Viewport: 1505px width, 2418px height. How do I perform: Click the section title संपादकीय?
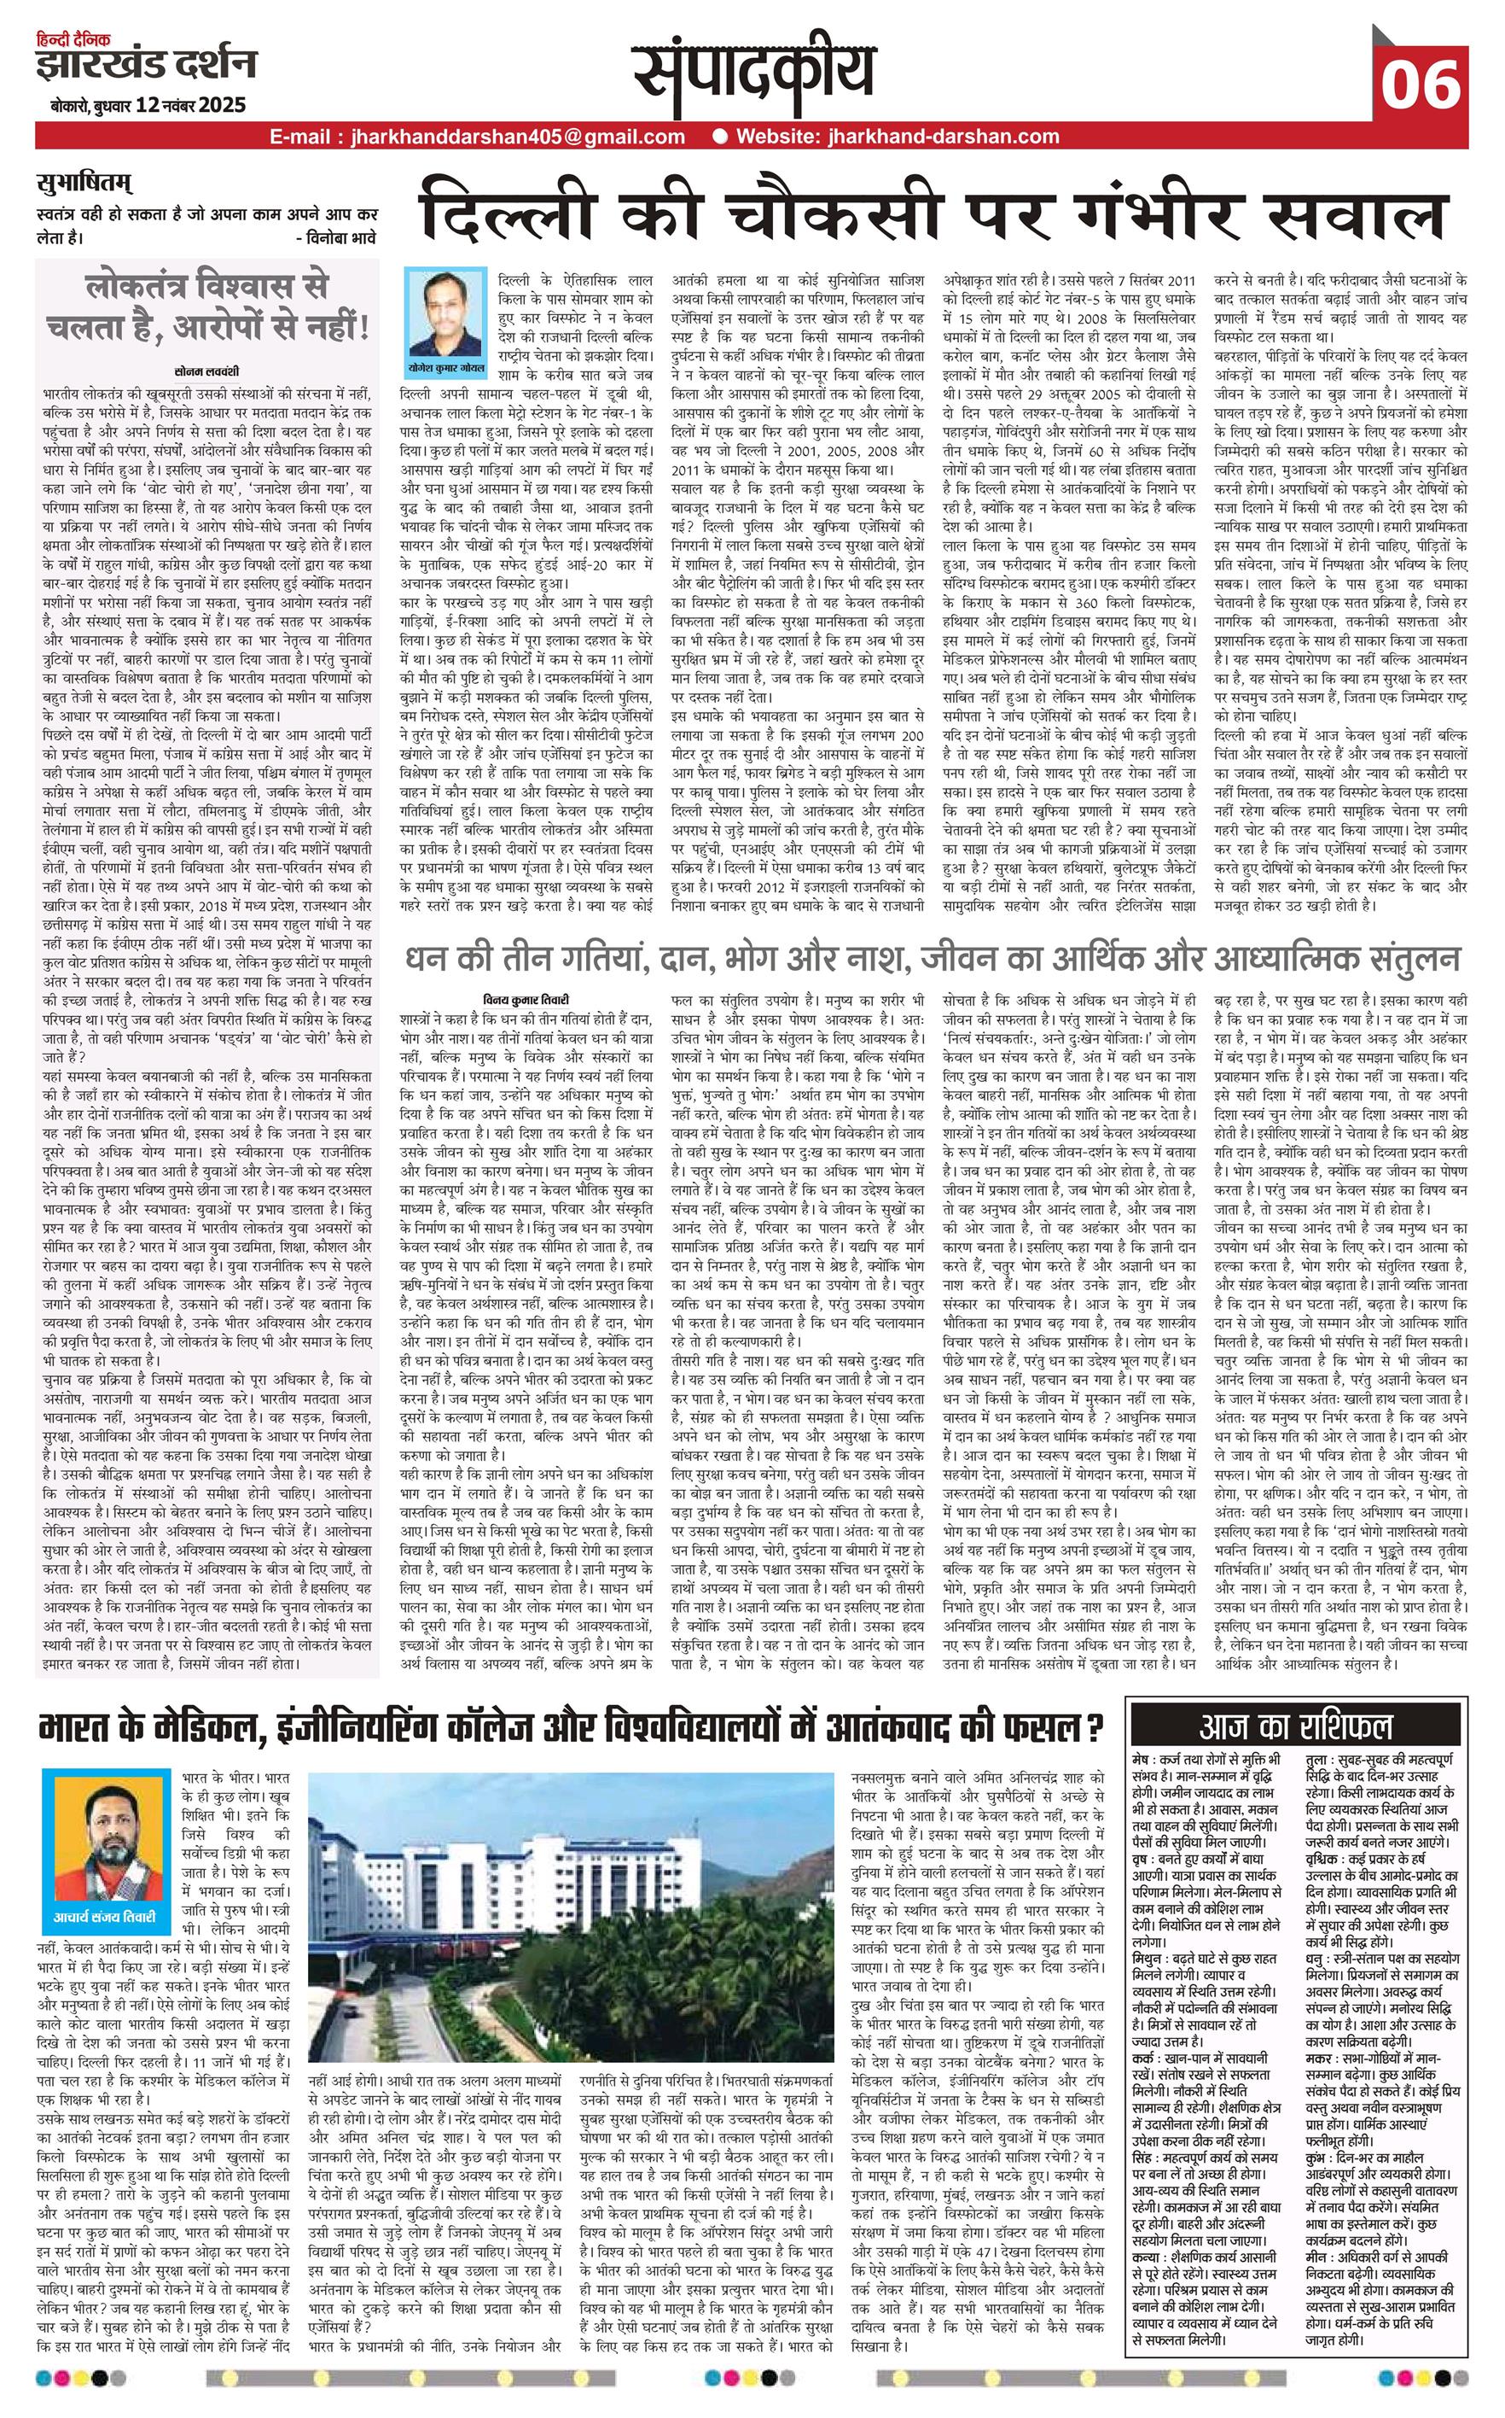tap(754, 74)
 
